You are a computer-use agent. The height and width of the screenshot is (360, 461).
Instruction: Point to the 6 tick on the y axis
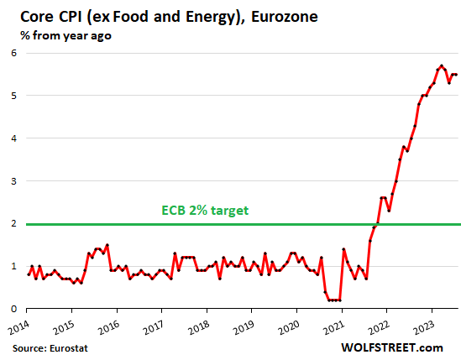point(13,53)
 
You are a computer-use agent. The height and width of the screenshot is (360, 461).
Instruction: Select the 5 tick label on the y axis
point(13,96)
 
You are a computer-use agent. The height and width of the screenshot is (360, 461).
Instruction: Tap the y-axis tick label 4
point(13,138)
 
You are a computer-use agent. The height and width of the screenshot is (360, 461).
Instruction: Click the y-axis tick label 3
point(13,181)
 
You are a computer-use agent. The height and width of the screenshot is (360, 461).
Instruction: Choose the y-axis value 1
point(13,267)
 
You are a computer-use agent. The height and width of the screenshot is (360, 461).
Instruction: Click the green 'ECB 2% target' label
point(205,211)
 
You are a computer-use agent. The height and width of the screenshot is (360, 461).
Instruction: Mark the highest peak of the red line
point(440,65)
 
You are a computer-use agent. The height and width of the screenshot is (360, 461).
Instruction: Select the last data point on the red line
point(455,75)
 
